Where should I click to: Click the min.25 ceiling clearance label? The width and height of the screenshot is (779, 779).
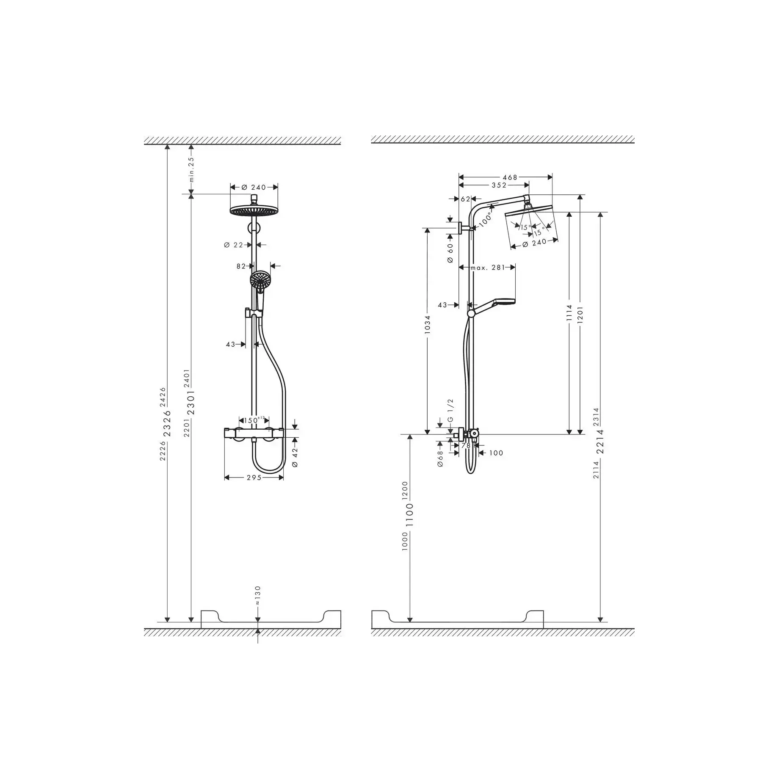point(191,169)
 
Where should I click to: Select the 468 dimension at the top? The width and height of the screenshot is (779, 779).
point(510,177)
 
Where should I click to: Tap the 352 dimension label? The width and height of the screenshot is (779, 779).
point(499,185)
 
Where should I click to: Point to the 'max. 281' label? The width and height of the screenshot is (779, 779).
point(487,268)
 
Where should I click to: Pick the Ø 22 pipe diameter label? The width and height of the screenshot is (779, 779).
point(234,245)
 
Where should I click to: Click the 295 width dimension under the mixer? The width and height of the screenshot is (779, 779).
point(254,478)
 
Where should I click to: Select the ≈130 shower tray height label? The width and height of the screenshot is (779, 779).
point(258,596)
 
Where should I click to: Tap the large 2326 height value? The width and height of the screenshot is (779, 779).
point(168,423)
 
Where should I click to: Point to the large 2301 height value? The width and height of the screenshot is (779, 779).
point(191,402)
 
